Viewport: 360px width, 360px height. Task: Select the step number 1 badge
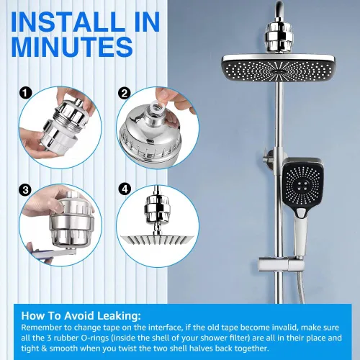[26, 93]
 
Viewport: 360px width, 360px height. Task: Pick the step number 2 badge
[125, 93]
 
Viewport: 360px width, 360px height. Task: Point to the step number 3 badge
[25, 190]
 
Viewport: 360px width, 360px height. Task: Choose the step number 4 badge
[125, 189]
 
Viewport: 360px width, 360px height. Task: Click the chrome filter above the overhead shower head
[278, 37]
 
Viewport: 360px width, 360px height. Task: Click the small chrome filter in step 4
[157, 207]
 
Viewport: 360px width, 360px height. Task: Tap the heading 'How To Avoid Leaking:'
[81, 315]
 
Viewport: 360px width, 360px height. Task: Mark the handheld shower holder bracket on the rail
[281, 264]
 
